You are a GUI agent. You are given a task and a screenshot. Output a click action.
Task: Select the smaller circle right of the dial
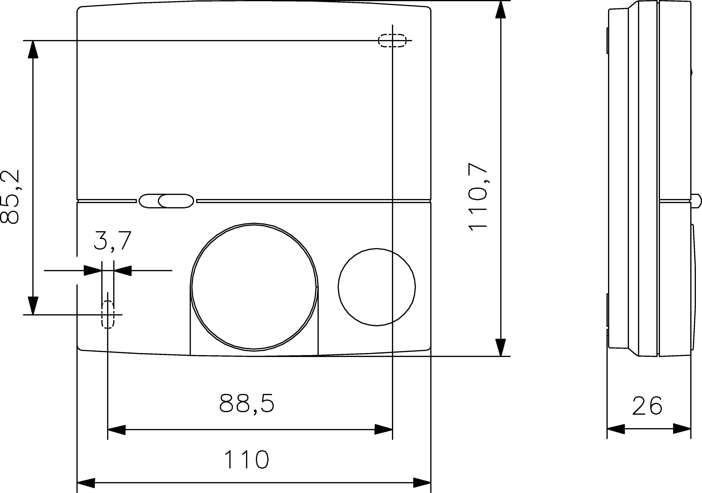(377, 287)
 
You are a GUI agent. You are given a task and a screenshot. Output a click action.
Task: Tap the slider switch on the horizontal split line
(166, 201)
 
